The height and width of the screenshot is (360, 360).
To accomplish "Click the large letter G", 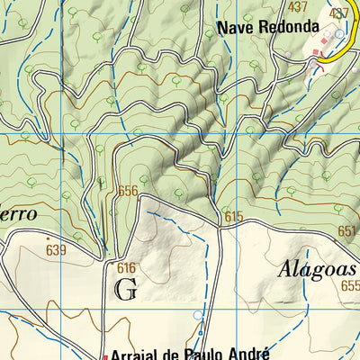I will click(x=126, y=289).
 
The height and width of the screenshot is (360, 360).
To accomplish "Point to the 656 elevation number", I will click(x=128, y=191).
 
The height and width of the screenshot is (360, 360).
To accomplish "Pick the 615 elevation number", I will click(x=235, y=216).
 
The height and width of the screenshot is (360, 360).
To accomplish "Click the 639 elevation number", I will click(x=56, y=249).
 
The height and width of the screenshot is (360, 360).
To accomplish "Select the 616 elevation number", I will click(x=125, y=267).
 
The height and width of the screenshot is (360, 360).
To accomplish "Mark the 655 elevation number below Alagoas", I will click(x=350, y=285).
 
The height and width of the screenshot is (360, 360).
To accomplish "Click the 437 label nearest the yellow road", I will click(x=339, y=13).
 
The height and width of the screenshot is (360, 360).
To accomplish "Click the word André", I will click(x=247, y=354).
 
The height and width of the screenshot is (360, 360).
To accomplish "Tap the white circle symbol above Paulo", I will click(x=199, y=315).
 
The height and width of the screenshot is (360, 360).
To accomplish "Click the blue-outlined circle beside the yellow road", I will click(x=338, y=34).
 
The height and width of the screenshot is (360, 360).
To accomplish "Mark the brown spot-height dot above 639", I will click(x=48, y=238).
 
